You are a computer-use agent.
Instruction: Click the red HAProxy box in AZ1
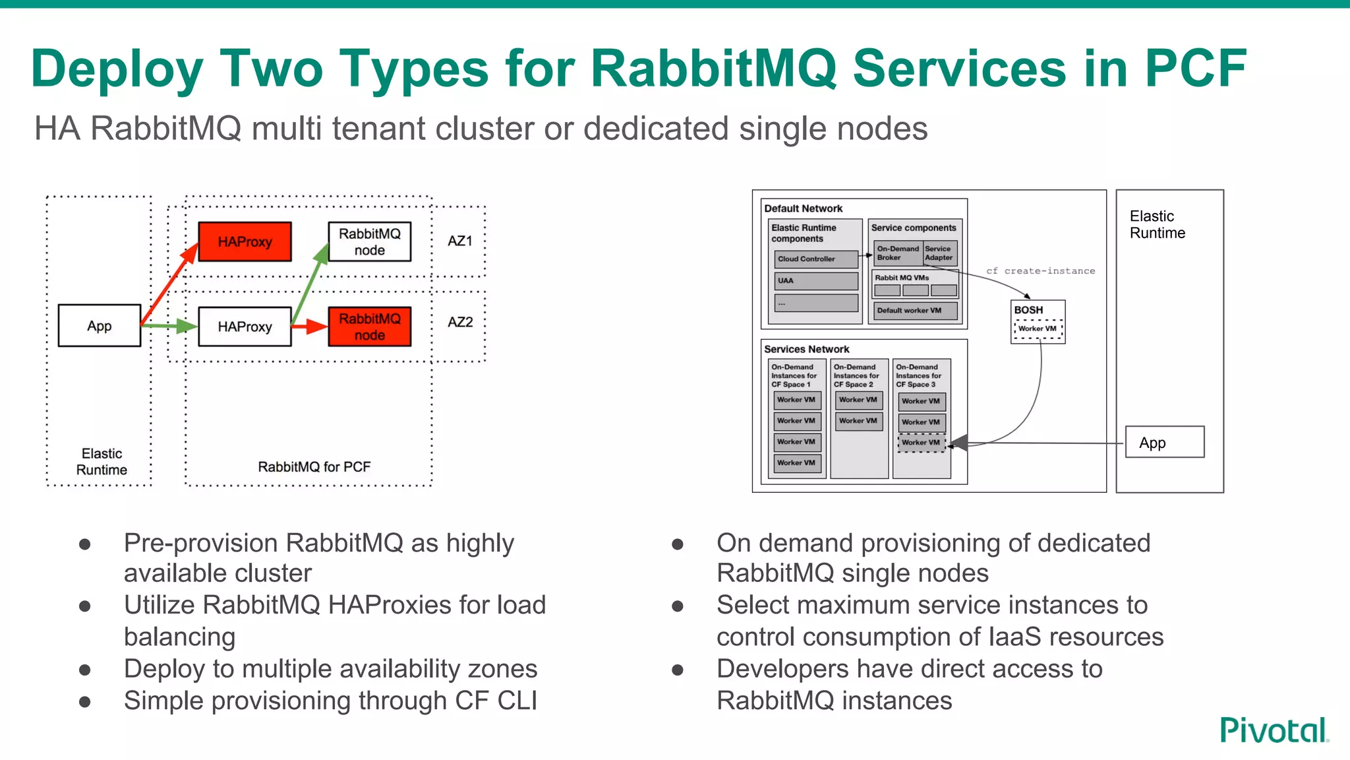[x=245, y=241]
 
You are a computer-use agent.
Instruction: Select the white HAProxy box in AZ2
[x=245, y=327]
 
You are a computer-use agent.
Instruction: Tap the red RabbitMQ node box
[x=369, y=327]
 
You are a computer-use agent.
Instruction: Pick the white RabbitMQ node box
[x=369, y=241]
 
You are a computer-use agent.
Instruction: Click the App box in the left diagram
[x=100, y=325]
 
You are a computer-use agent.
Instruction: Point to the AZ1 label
[x=460, y=241]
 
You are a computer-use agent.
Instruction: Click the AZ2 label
[x=460, y=322]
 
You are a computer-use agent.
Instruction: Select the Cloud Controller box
[x=816, y=259]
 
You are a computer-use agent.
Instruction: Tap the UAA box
[x=816, y=281]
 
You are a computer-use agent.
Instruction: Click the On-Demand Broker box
[x=898, y=253]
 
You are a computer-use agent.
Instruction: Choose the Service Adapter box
[x=939, y=253]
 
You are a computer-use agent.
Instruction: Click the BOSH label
[x=1028, y=310]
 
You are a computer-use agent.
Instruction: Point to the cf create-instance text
[x=1040, y=271]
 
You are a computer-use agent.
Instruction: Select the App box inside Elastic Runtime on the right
[x=1164, y=443]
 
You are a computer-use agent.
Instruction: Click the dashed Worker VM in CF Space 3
[x=921, y=443]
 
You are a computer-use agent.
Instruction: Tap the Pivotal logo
[x=1274, y=730]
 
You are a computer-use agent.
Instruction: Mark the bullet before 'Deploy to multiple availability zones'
[x=85, y=670]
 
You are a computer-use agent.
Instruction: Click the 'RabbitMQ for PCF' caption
[x=314, y=467]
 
